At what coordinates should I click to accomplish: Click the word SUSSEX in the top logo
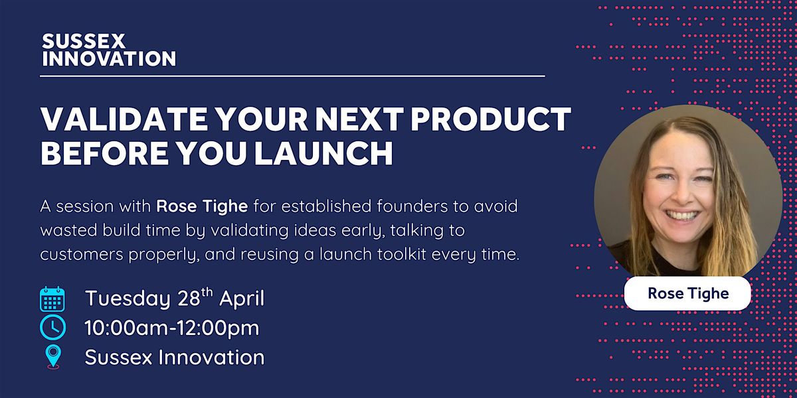coord(84,41)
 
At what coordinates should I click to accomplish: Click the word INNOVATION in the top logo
coord(109,58)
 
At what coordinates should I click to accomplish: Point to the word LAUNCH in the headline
coord(324,153)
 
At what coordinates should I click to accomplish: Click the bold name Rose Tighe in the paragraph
coord(202,207)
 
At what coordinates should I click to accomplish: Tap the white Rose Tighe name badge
coord(687,293)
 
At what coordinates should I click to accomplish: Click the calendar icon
coord(52,299)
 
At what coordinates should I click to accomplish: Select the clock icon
coord(52,328)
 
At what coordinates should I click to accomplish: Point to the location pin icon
coord(53,356)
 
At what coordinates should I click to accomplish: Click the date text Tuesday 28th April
coord(175,298)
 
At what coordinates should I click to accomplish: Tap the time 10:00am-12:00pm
coord(172,328)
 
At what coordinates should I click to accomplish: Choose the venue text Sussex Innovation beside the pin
coord(175,357)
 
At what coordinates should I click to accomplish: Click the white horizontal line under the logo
coord(292,76)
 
